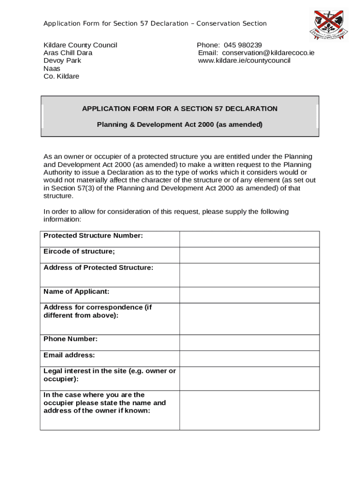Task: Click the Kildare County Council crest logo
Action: [328, 24]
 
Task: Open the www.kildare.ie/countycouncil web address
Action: [244, 60]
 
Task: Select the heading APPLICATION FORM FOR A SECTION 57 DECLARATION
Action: [180, 109]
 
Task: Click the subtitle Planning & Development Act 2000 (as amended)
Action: [180, 124]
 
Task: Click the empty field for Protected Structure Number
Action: [249, 239]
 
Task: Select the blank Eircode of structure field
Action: [249, 255]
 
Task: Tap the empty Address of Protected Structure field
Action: [249, 275]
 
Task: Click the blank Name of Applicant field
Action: [249, 295]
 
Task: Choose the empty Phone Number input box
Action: [249, 342]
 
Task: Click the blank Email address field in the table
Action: [249, 358]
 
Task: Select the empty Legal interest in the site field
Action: [249, 378]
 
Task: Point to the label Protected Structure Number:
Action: [93, 236]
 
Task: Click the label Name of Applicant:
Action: [76, 291]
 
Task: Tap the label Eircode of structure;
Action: [79, 252]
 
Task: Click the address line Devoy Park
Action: [62, 60]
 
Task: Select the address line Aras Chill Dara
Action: [68, 53]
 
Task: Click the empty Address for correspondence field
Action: [249, 319]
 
